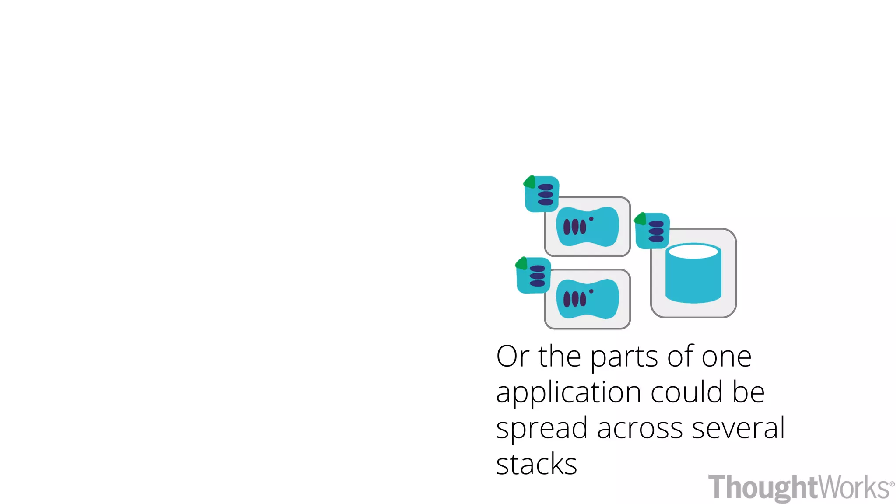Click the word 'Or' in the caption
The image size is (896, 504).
(513, 357)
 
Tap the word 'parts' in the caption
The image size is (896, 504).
(624, 358)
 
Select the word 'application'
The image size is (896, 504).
(568, 393)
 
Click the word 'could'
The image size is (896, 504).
(686, 392)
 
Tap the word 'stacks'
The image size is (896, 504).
(536, 464)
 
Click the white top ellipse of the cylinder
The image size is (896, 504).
(693, 252)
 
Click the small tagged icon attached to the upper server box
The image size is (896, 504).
(542, 194)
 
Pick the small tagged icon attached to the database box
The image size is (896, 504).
(653, 231)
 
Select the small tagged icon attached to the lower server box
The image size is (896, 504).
(534, 276)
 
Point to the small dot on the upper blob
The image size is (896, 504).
(591, 219)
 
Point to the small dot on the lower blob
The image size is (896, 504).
(591, 291)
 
